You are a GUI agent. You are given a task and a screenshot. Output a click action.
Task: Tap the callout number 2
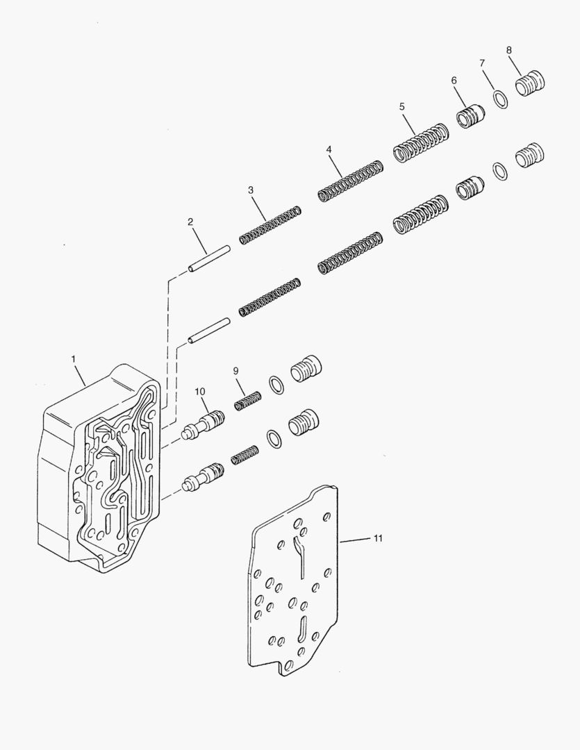coord(190,222)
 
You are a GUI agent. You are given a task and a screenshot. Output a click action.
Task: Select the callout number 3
coord(251,190)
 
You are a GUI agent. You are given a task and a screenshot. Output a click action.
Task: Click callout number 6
coord(454,81)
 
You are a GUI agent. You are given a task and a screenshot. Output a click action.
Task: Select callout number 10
coord(200,392)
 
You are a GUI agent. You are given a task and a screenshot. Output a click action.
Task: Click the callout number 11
coord(377,538)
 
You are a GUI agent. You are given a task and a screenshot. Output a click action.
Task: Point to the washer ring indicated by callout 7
coord(500,99)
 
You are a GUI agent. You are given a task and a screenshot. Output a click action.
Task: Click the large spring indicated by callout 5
coord(421,142)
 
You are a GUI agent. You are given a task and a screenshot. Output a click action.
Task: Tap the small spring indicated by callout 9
coord(247,401)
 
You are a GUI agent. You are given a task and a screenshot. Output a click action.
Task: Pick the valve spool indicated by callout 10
coord(206,424)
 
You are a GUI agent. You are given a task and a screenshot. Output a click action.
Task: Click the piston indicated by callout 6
coord(470,115)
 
